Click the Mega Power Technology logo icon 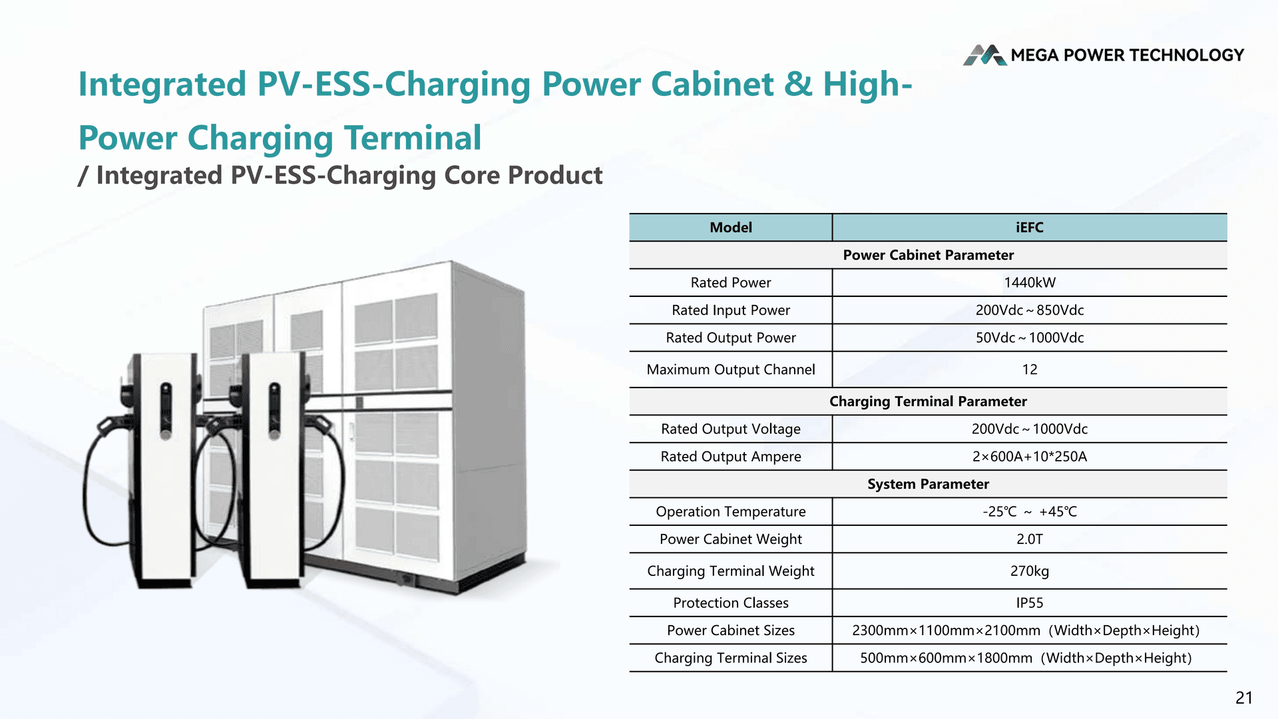(984, 55)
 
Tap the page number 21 (1243, 698)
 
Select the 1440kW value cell (1029, 283)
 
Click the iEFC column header (1029, 228)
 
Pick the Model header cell (730, 228)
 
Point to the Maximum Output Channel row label (730, 369)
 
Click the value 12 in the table (1029, 369)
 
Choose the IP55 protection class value (1029, 603)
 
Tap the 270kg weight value (1029, 571)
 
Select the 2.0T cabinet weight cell (1029, 539)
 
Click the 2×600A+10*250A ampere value (1029, 457)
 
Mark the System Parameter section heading (928, 484)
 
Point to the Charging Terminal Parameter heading (928, 401)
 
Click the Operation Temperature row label (730, 512)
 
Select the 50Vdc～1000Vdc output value (1029, 338)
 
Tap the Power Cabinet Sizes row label (730, 630)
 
